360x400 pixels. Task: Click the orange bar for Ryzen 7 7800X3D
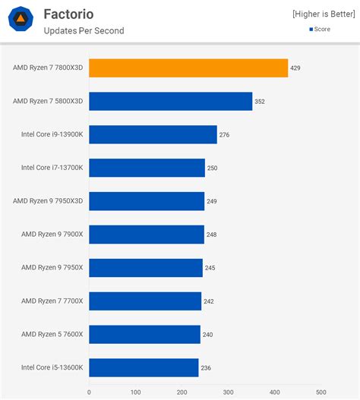[188, 68]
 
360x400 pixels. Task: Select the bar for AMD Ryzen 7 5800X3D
[171, 101]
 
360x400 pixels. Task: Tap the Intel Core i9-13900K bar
[153, 134]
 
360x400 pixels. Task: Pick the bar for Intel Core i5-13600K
[144, 367]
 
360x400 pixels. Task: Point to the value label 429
[295, 68]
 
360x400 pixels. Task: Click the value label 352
[260, 102]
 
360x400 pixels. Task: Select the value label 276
[224, 134]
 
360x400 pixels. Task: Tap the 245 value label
[210, 268]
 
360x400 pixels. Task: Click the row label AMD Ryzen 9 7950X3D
[48, 201]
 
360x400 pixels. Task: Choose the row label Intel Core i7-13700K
[52, 168]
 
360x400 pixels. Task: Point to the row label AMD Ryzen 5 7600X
[52, 334]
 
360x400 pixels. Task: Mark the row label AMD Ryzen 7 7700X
[52, 301]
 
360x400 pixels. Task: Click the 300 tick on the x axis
[229, 392]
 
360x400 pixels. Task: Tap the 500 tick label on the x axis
[321, 392]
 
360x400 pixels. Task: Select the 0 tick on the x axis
[89, 392]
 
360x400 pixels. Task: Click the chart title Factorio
[68, 14]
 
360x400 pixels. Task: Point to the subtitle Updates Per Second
[84, 30]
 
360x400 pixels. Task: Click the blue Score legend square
[311, 30]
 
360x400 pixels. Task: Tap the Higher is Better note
[324, 14]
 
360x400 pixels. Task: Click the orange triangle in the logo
[21, 18]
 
